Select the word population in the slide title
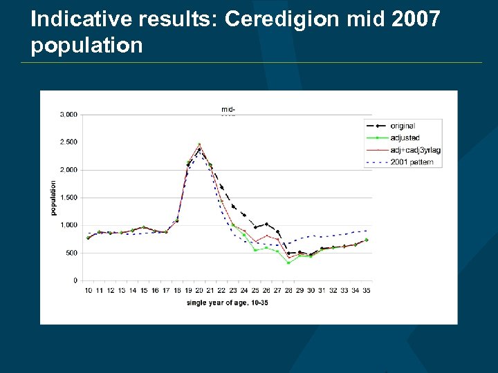pos(86,46)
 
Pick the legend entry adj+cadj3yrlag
pos(415,150)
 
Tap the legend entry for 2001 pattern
pos(412,162)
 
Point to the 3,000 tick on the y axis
pos(67,115)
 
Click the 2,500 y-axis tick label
pos(67,142)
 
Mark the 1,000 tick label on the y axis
pos(67,225)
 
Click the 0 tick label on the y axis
pos(74,280)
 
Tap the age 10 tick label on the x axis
pos(88,291)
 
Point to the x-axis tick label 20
pos(199,291)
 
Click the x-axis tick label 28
pos(288,291)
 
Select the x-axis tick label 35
pos(367,291)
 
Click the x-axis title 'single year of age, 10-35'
pos(227,303)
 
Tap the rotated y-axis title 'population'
pos(54,198)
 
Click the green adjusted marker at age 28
pos(288,262)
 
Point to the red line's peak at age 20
pos(199,144)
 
